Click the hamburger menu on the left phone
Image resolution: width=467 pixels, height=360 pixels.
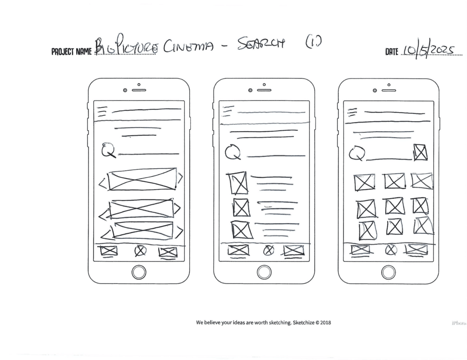click(x=102, y=111)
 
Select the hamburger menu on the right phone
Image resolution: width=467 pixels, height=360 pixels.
click(x=352, y=112)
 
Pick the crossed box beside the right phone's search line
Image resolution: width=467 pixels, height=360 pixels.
click(x=420, y=152)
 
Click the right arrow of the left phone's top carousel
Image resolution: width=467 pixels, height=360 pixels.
click(x=180, y=179)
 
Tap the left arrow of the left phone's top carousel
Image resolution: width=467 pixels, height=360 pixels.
click(x=103, y=184)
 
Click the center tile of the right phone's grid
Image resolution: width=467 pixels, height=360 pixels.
click(x=394, y=206)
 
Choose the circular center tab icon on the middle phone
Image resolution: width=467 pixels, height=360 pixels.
click(x=269, y=250)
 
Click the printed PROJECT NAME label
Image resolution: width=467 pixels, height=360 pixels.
click(x=72, y=51)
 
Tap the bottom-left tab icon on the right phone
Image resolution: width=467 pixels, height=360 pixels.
click(x=360, y=250)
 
